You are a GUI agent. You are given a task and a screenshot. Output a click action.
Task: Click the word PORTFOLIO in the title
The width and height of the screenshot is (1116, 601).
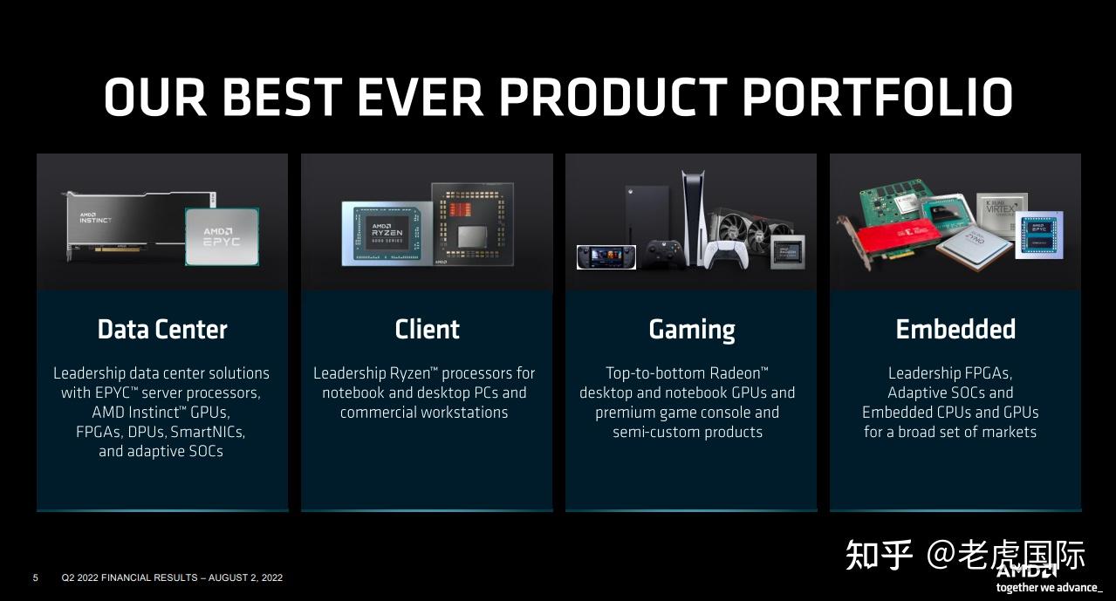[878, 97]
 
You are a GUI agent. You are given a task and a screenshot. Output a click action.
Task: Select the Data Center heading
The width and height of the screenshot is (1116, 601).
[162, 329]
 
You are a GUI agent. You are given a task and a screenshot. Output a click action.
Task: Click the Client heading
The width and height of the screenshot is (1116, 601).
[427, 329]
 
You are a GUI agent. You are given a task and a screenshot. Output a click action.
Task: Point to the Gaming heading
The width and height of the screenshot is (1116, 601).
[692, 330]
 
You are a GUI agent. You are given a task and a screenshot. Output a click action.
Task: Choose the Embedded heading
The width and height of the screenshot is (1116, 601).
[955, 329]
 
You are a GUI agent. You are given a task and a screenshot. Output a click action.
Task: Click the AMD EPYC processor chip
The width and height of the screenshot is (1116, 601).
[223, 236]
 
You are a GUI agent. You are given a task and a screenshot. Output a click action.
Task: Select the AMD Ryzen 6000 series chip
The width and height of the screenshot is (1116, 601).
[387, 233]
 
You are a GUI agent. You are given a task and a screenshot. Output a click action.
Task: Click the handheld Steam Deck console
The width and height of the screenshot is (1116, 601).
[606, 257]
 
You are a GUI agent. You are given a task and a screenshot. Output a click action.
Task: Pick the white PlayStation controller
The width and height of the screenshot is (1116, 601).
[726, 255]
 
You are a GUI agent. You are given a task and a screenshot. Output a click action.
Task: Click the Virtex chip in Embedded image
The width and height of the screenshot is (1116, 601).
[1002, 213]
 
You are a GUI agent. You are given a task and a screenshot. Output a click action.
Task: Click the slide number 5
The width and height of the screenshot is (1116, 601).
[36, 577]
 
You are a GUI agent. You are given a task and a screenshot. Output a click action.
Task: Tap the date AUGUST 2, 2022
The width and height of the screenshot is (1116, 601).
[245, 577]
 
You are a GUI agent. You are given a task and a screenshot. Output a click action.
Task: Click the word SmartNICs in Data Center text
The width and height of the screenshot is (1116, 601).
[208, 432]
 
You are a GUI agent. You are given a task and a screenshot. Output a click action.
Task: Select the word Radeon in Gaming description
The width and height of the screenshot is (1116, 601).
[735, 373]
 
